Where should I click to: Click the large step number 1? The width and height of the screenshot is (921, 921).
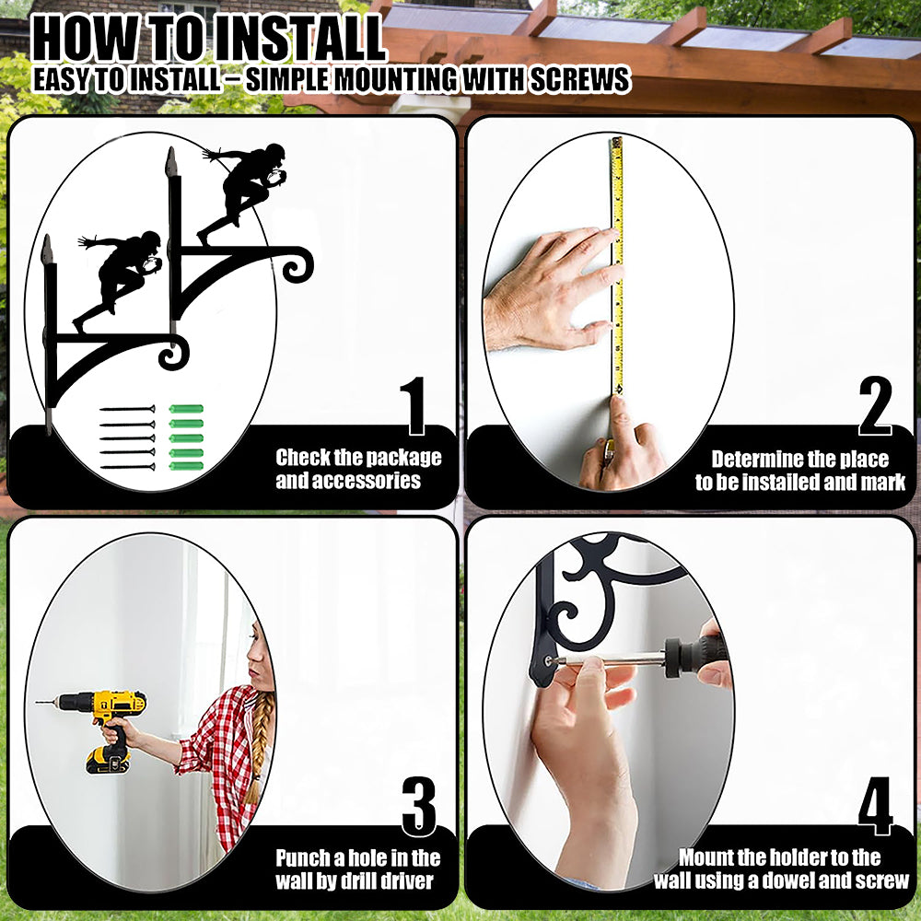(414, 406)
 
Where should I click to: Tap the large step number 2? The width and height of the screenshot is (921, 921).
(875, 406)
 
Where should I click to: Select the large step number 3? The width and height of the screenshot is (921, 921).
(419, 807)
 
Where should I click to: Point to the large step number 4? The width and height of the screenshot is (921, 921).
(875, 807)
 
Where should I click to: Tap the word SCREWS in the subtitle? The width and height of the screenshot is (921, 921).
(580, 79)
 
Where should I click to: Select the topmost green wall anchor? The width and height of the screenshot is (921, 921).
(186, 409)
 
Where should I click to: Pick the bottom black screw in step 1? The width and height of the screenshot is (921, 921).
(127, 467)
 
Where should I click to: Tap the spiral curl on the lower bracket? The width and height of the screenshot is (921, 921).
(174, 353)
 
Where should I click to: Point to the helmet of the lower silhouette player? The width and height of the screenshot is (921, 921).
(151, 239)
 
